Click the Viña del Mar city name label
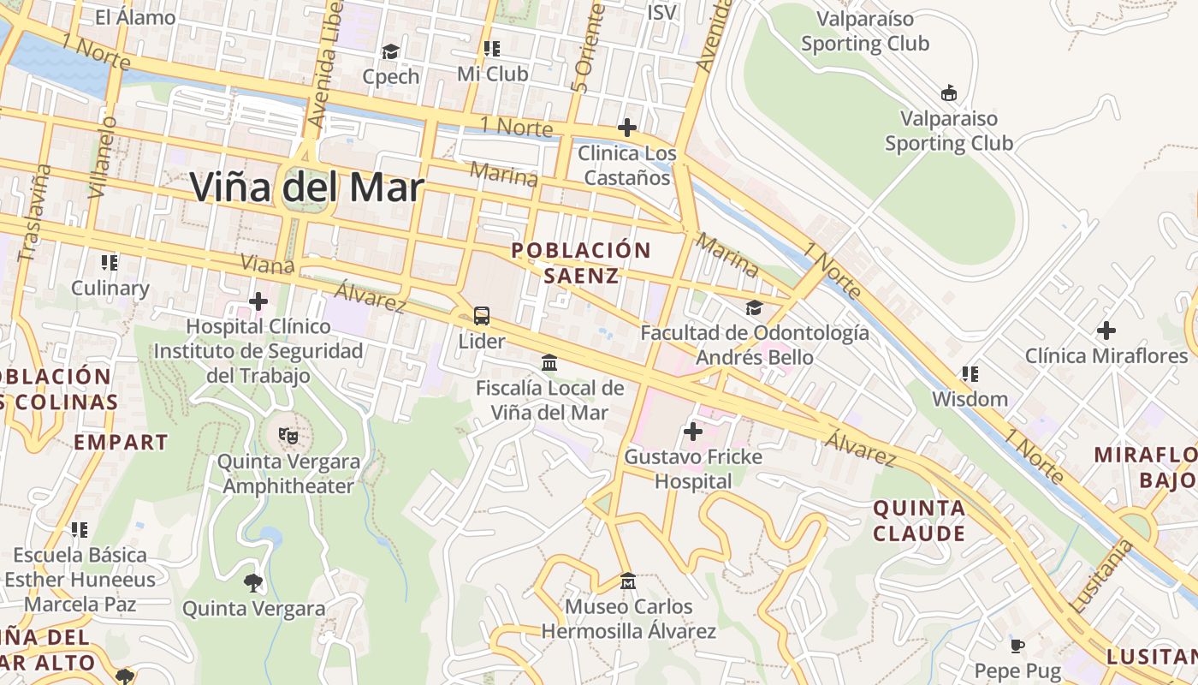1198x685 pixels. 306,188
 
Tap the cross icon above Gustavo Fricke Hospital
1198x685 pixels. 693,431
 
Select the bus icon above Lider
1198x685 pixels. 482,316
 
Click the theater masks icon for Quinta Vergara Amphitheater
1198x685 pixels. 288,435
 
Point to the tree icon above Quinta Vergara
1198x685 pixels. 253,583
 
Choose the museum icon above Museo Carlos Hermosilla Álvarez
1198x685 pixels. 627,581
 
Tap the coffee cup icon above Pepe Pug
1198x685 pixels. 1017,646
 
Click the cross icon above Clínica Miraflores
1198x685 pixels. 1106,330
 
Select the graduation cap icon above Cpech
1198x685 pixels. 391,52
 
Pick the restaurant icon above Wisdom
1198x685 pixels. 970,373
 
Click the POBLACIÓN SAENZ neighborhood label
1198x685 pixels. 581,263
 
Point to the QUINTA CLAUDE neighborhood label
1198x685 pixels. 919,521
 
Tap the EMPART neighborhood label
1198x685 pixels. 121,442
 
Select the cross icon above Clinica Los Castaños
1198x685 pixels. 627,128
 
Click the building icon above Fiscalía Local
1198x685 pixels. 549,363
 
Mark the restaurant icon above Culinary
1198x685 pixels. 109,262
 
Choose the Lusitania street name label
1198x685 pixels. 1100,576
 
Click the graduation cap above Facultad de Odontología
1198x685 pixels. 754,307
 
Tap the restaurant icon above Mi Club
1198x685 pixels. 491,49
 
